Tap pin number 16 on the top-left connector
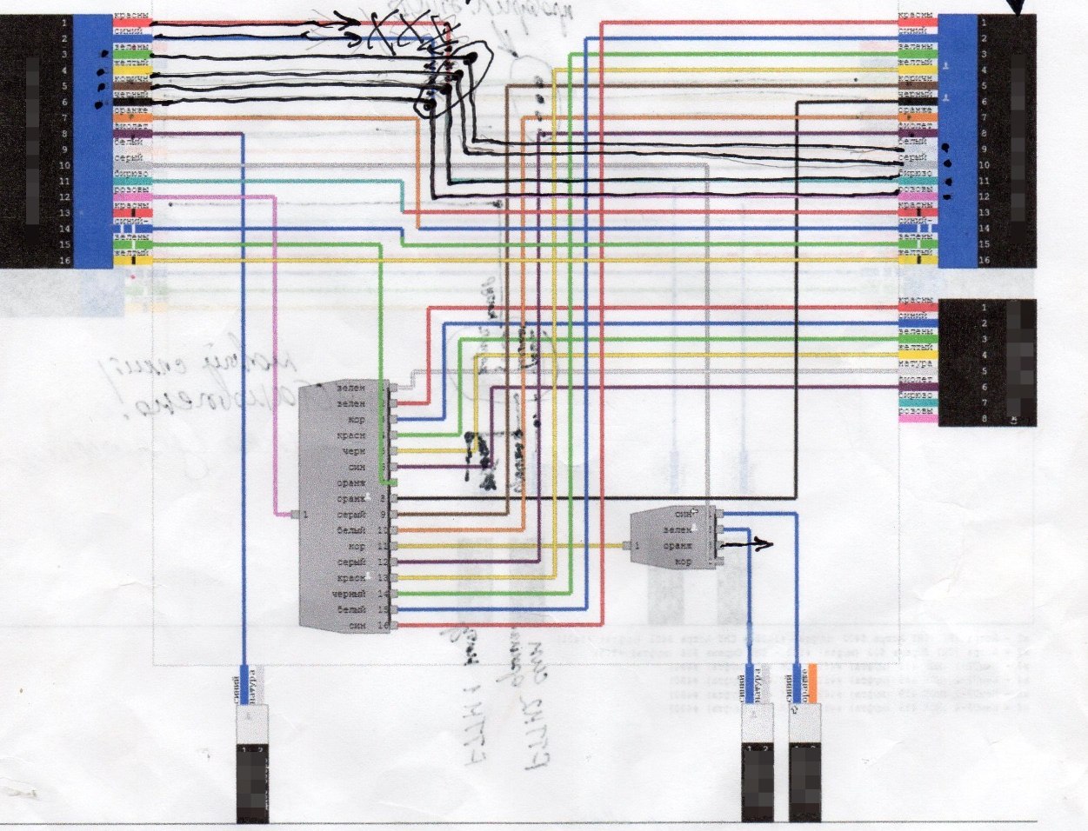point(65,260)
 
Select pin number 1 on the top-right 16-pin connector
point(984,22)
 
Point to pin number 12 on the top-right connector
point(984,196)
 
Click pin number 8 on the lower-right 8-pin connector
point(984,418)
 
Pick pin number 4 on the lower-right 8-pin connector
point(984,355)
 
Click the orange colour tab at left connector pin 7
point(132,117)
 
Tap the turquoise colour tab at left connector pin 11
point(132,181)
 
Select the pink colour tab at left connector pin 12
point(132,196)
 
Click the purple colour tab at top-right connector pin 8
point(917,133)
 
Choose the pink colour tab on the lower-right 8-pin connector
point(917,418)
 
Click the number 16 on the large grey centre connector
point(381,626)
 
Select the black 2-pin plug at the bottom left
point(253,782)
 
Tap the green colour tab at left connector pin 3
point(132,54)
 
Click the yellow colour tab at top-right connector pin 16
point(917,260)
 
